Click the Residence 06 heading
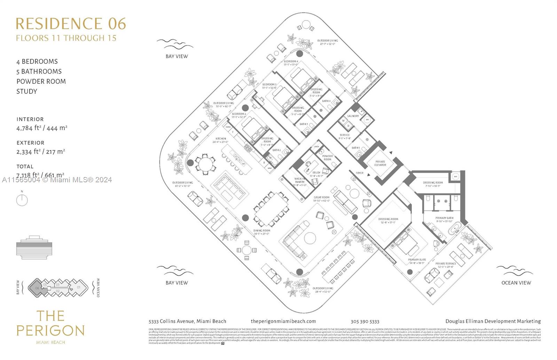click(x=71, y=24)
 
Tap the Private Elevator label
click(x=380, y=163)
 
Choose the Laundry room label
click(x=353, y=116)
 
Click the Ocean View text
click(x=516, y=282)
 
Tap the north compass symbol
click(x=22, y=200)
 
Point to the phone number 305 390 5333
click(x=365, y=321)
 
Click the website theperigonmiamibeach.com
click(x=283, y=321)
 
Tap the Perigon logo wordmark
click(x=50, y=323)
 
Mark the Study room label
click(x=316, y=173)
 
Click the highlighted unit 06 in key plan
click(x=37, y=288)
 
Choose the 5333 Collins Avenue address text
click(x=187, y=321)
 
